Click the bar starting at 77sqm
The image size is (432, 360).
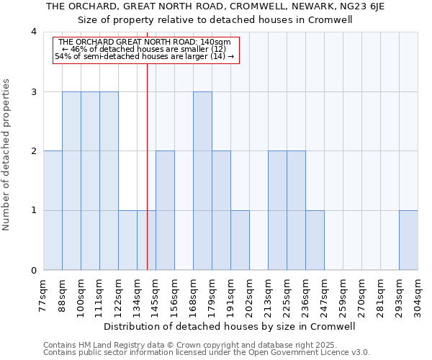click(x=53, y=210)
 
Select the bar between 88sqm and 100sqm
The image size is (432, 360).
click(x=71, y=181)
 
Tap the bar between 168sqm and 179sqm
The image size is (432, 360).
click(x=202, y=181)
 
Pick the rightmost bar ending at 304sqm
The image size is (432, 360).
click(x=408, y=240)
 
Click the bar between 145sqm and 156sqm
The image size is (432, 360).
click(x=165, y=210)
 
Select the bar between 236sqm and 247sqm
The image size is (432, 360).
click(x=315, y=240)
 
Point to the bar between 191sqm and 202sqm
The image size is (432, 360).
click(x=240, y=240)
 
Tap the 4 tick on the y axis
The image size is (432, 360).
click(x=33, y=32)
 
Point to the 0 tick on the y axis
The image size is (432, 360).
click(x=33, y=271)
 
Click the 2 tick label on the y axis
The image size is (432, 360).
click(x=33, y=151)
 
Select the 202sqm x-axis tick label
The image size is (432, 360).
click(x=248, y=294)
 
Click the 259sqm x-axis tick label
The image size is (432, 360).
click(x=342, y=294)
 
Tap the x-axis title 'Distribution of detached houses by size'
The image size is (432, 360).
click(x=229, y=326)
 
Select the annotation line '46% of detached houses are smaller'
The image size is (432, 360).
click(x=145, y=49)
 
